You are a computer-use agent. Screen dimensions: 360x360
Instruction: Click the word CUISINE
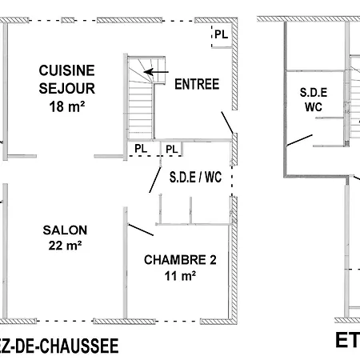pyautogui.click(x=67, y=71)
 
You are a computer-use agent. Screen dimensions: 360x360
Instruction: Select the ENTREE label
pyautogui.click(x=196, y=84)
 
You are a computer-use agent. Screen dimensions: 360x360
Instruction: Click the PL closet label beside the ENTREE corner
pyautogui.click(x=219, y=34)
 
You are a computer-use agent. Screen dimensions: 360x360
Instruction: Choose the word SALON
pyautogui.click(x=66, y=230)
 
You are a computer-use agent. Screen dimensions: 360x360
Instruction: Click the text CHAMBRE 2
pyautogui.click(x=180, y=260)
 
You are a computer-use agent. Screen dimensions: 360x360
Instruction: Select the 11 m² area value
pyautogui.click(x=180, y=276)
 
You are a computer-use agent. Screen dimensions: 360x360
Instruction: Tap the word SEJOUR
pyautogui.click(x=67, y=87)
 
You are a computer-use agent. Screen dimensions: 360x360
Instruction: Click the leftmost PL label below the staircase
pyautogui.click(x=141, y=148)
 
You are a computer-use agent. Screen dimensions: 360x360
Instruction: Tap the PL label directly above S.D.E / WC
pyautogui.click(x=170, y=148)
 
